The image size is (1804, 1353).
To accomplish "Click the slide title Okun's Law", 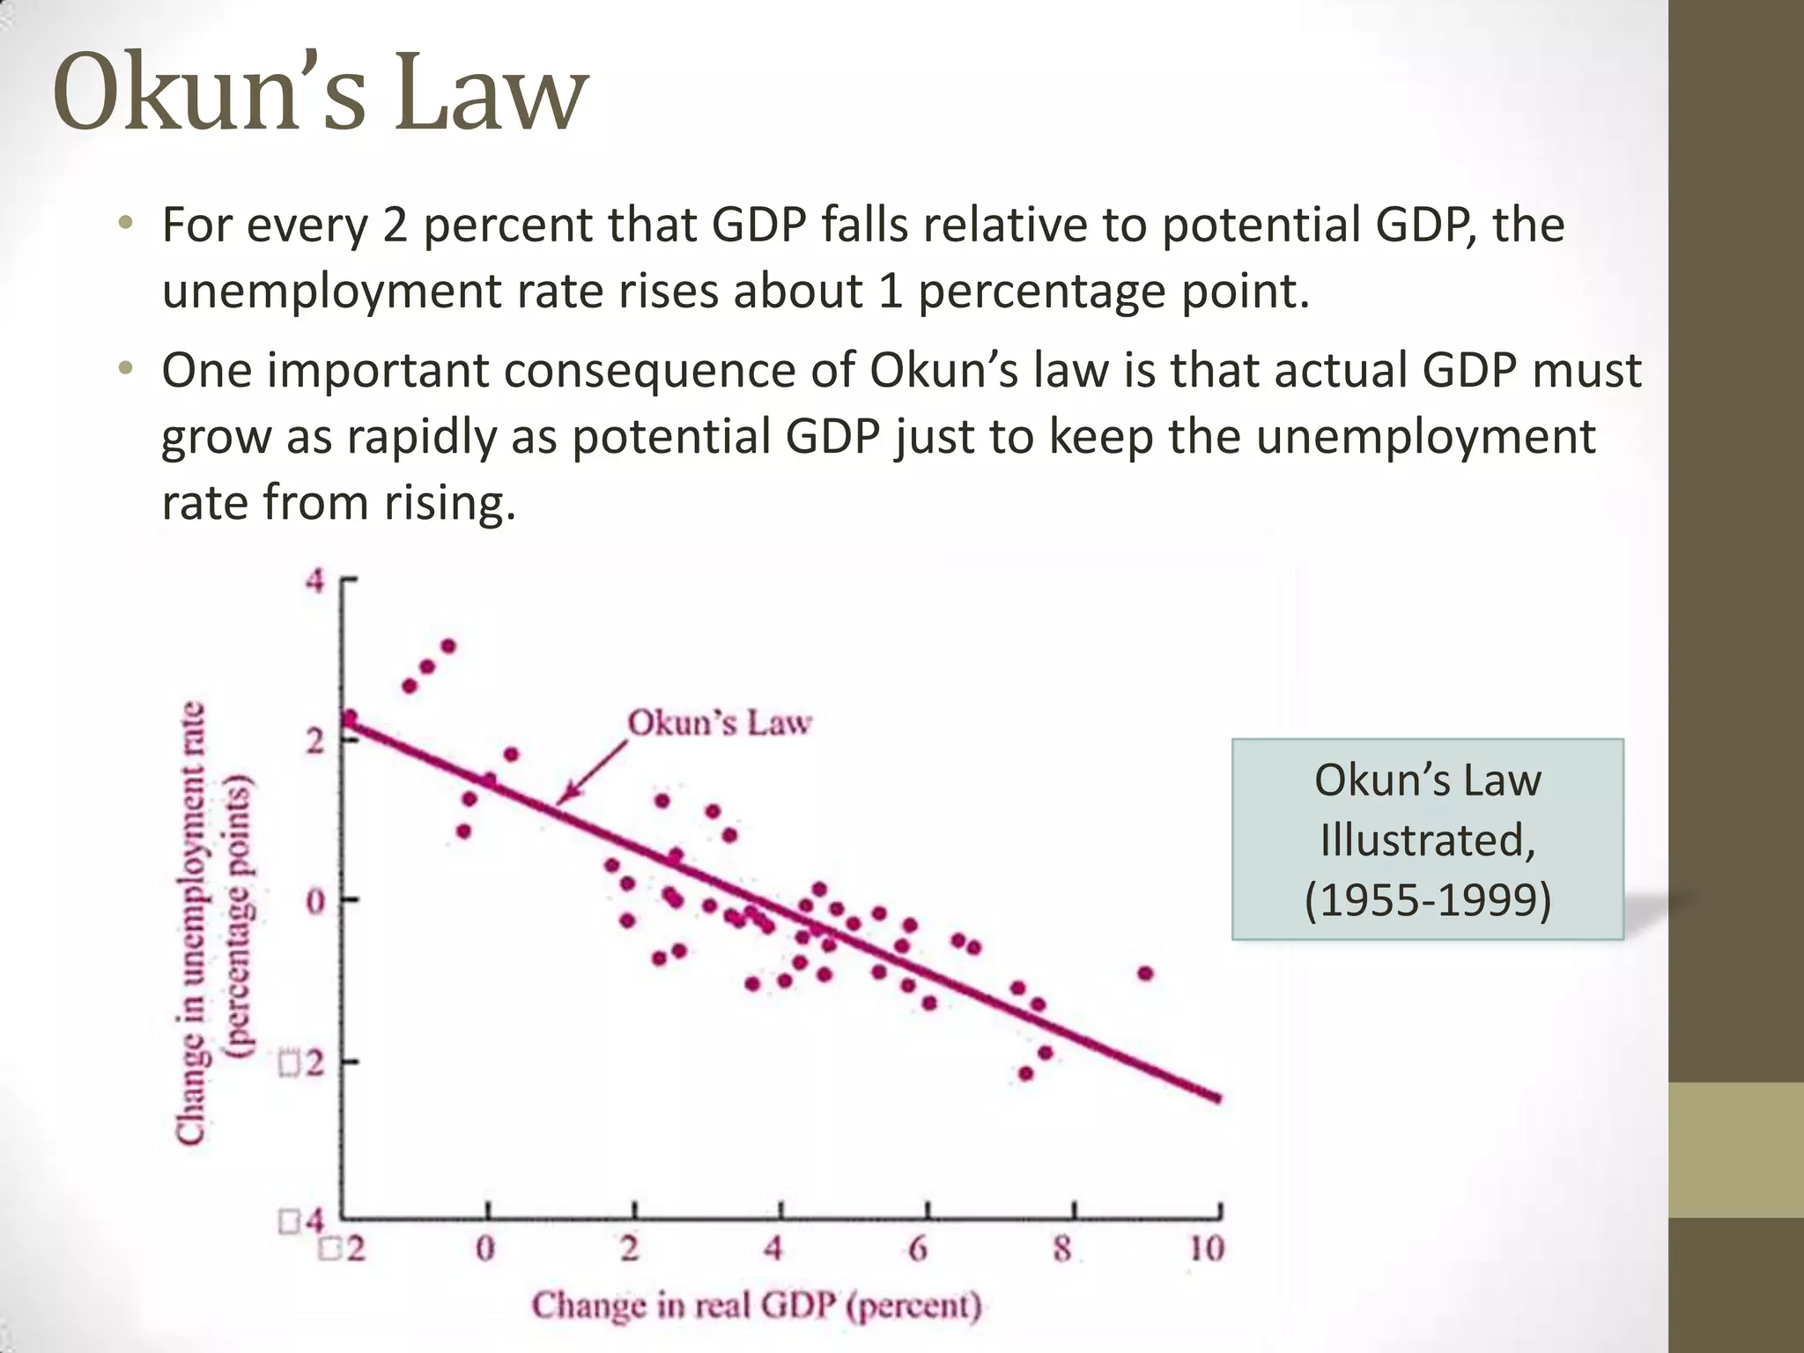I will [320, 93].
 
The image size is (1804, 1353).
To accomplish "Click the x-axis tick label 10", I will [1206, 1248].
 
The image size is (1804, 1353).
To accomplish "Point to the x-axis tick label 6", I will [918, 1248].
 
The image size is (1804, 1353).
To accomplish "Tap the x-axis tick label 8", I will [1063, 1248].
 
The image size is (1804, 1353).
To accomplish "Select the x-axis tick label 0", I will [485, 1248].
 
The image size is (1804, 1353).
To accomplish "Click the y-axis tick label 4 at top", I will [314, 581].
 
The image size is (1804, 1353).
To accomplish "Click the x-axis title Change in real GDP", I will [756, 1305].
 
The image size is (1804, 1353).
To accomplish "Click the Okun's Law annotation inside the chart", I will [719, 723].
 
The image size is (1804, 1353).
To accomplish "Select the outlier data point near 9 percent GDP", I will [1145, 973].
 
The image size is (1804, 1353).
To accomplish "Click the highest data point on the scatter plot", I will [447, 647].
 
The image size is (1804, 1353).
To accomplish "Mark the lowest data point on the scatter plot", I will [1025, 1074].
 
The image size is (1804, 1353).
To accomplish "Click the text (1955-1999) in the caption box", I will [1427, 900].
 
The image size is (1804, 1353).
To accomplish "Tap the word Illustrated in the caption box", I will [1427, 839].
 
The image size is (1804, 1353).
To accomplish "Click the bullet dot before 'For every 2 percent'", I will [126, 223].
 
